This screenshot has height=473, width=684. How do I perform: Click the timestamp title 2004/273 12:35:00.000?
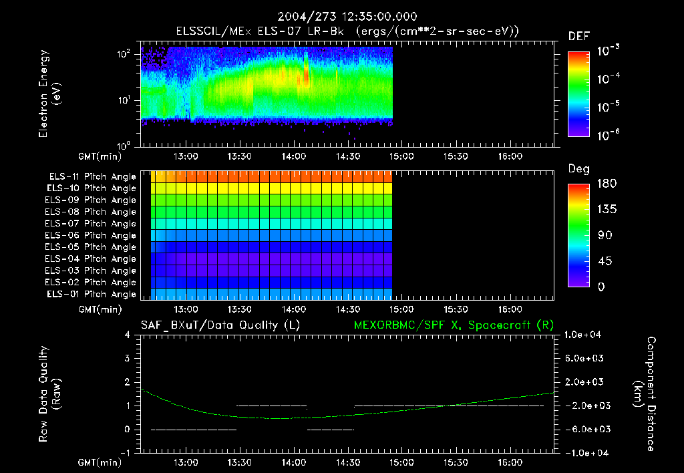point(342,17)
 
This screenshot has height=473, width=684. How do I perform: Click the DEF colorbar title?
point(578,36)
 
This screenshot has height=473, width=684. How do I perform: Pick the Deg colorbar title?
point(578,169)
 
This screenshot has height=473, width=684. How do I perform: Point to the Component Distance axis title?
point(643,394)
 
